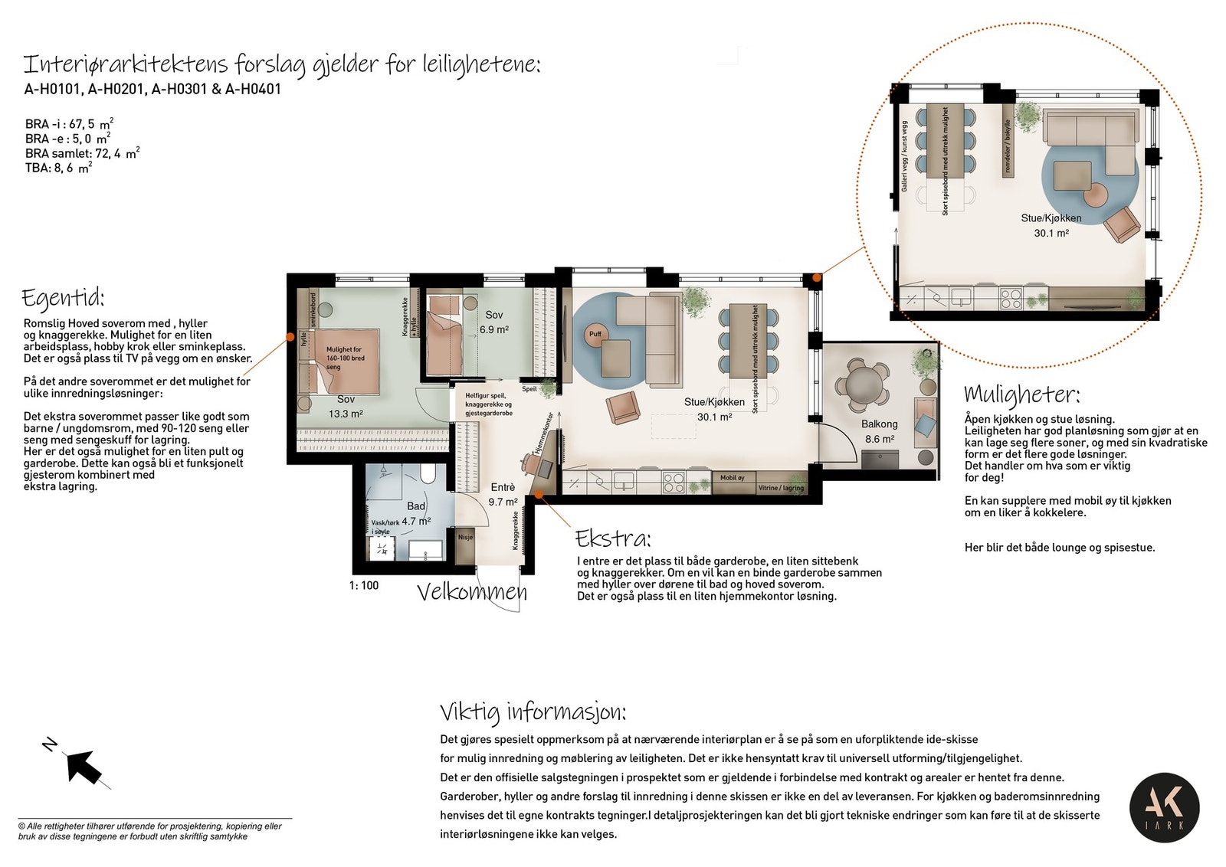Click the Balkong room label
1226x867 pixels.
(879, 424)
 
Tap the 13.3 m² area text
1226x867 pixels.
(346, 414)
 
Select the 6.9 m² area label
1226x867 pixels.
(493, 330)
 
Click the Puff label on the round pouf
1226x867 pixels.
(595, 334)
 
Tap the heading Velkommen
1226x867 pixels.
(472, 592)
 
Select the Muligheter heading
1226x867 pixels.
(1021, 394)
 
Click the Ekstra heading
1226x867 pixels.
(613, 538)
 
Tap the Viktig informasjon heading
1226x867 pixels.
(533, 712)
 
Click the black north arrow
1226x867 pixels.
(84, 764)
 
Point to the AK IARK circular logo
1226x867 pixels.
(1164, 807)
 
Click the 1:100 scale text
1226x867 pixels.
(364, 585)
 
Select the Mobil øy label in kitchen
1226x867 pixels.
(732, 478)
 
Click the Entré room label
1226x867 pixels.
(503, 487)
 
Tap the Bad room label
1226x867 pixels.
(416, 505)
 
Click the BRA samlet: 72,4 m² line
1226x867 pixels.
(82, 153)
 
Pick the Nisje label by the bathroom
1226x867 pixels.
(466, 537)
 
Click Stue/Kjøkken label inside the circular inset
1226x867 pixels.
(1051, 218)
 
